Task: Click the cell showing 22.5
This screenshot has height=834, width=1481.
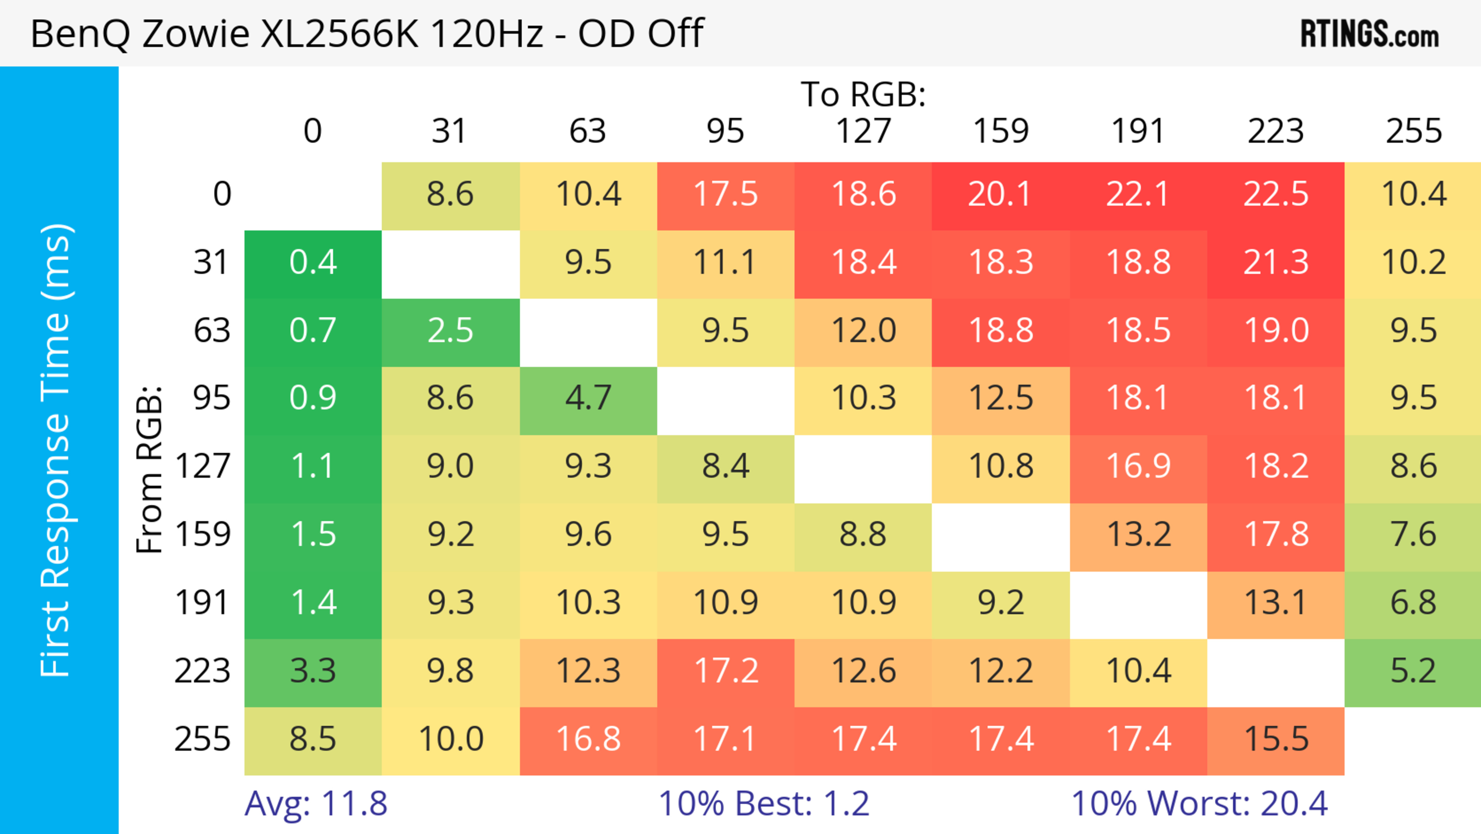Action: [1276, 195]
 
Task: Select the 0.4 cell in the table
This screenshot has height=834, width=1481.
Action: [313, 263]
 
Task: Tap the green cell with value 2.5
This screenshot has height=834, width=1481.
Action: [450, 331]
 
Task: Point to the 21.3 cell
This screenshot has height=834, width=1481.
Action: [1276, 263]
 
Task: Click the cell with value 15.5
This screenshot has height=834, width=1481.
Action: [1276, 739]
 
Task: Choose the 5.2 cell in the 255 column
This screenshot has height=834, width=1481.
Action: [1413, 671]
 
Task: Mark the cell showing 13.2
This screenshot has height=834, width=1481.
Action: [1139, 535]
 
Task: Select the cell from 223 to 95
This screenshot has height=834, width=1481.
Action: [725, 671]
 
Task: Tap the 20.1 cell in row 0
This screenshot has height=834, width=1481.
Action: [1000, 195]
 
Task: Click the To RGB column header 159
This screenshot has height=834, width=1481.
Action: [1000, 131]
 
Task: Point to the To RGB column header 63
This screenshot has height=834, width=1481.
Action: [587, 131]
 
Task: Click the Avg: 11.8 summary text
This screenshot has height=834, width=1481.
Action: [315, 804]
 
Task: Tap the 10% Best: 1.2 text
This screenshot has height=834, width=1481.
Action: [764, 804]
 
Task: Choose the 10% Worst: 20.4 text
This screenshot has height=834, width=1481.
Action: [1199, 804]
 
